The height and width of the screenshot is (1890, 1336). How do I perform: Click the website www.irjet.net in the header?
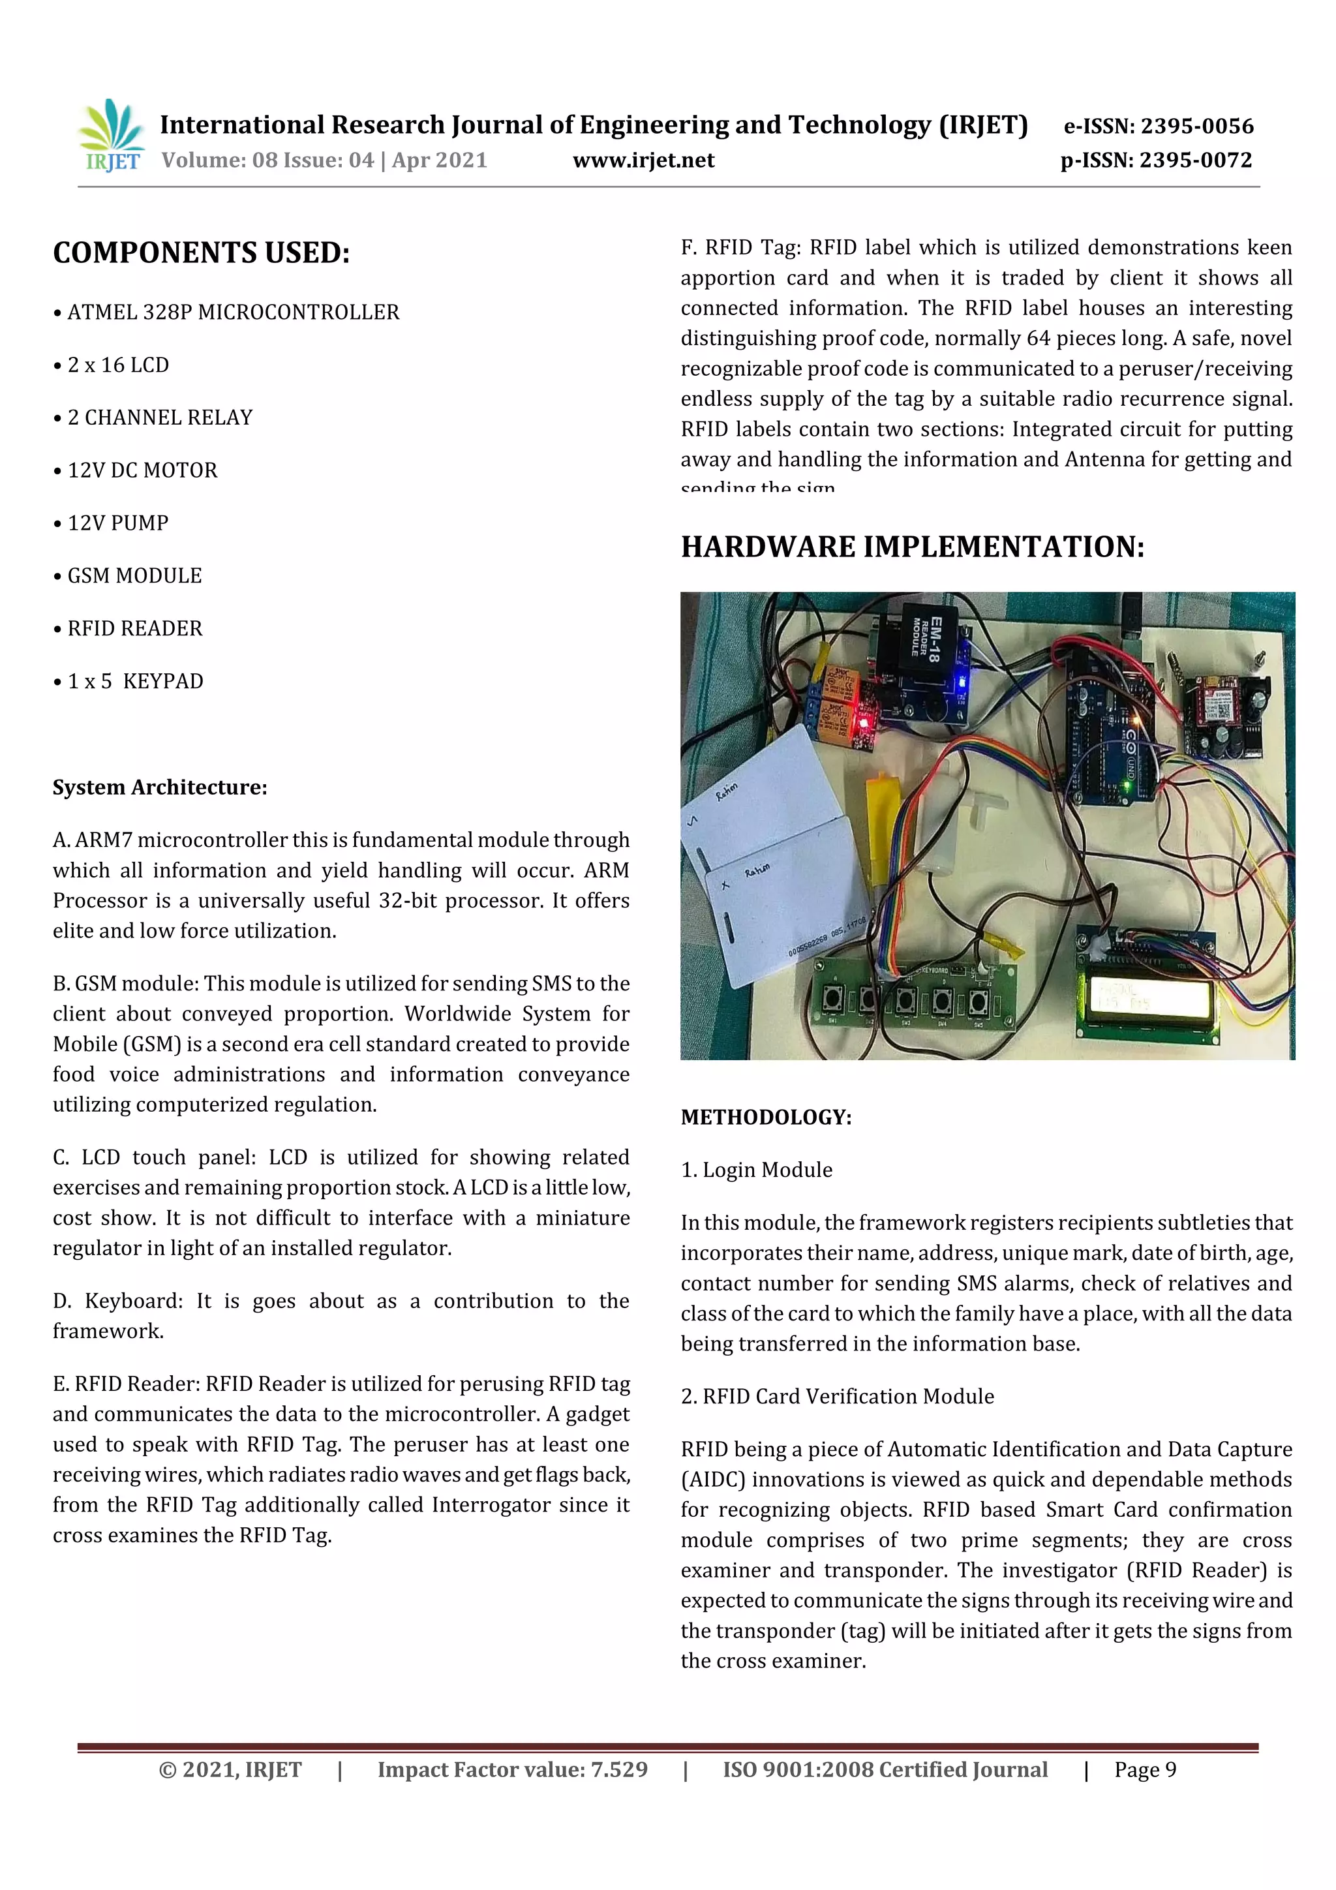[x=643, y=160]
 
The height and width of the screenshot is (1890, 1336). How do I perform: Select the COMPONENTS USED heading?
[x=202, y=252]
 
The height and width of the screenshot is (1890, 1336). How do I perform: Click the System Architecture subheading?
[x=160, y=788]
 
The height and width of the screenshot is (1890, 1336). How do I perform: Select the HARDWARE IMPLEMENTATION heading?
[x=912, y=547]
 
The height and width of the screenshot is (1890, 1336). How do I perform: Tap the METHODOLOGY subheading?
[x=766, y=1118]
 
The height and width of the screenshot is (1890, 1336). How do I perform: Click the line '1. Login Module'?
[x=757, y=1170]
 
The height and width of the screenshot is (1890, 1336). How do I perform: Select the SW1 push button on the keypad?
[x=832, y=1002]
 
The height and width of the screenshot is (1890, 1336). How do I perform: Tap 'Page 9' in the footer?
[x=1145, y=1770]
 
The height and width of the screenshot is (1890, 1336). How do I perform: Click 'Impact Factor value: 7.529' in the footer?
[x=512, y=1770]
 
